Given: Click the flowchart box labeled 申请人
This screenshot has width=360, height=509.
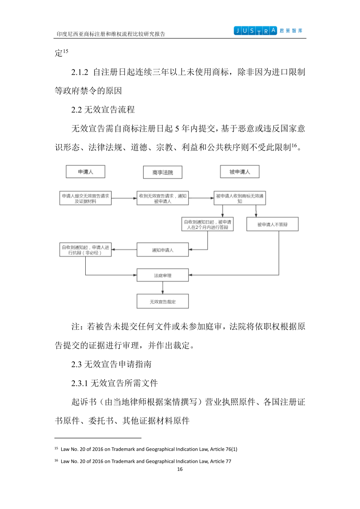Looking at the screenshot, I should pos(85,172).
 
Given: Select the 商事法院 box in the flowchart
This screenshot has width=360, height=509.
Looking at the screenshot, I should pos(163,172).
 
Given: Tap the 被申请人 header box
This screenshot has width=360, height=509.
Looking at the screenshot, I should pos(239,172).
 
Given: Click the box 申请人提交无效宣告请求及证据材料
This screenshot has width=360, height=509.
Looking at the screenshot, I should pos(86,198).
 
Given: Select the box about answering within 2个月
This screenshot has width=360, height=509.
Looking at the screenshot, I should pos(207,224).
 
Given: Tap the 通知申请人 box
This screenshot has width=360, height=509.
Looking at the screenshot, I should pos(163,250).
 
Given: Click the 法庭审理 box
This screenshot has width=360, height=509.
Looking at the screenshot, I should pos(163,275).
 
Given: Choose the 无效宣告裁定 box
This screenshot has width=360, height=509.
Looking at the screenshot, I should pos(163,301).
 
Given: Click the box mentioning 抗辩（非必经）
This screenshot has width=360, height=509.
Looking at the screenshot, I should pos(86,250).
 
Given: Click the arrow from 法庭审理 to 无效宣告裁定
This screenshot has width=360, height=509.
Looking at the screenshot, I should pos(163,288).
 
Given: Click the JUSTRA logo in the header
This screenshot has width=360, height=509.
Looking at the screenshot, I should pos(255,31).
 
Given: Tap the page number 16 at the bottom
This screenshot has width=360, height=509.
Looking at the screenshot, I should pos(180,469).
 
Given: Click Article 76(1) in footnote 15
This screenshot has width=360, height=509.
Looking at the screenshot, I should pos(222,449).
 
